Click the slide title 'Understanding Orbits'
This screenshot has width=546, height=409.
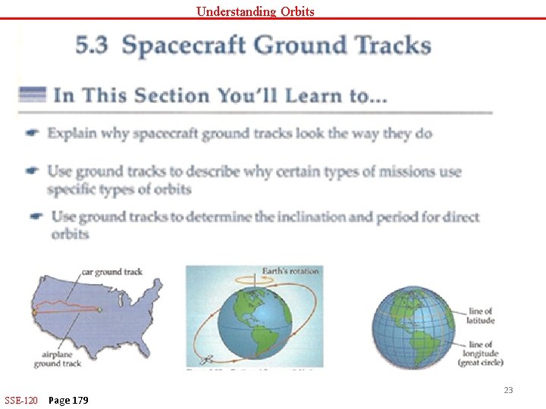coord(255,11)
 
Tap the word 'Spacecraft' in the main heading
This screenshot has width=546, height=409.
coord(184,46)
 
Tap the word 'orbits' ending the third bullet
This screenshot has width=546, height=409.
coord(70,234)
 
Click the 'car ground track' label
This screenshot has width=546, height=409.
coord(111,272)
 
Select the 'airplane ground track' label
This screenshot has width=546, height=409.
coord(57,359)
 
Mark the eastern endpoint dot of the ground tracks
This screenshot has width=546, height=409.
coord(99,309)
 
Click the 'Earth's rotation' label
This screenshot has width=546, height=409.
coord(290,270)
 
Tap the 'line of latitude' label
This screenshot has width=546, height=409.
coord(480,316)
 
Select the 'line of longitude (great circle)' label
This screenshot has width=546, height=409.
coord(479,354)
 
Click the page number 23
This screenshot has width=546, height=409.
coord(508,390)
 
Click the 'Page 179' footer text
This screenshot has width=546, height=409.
coord(67,400)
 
